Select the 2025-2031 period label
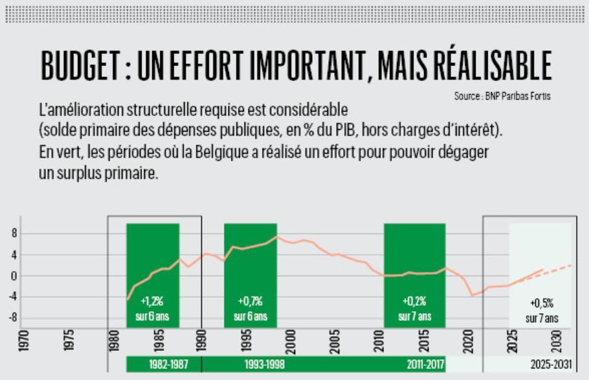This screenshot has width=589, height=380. pos(549,364)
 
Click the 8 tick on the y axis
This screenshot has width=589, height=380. pos(13,233)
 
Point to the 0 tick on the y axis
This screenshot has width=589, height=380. pos(13,276)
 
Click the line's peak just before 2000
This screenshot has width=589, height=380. pos(278,237)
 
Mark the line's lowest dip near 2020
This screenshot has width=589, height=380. pos(473,296)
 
